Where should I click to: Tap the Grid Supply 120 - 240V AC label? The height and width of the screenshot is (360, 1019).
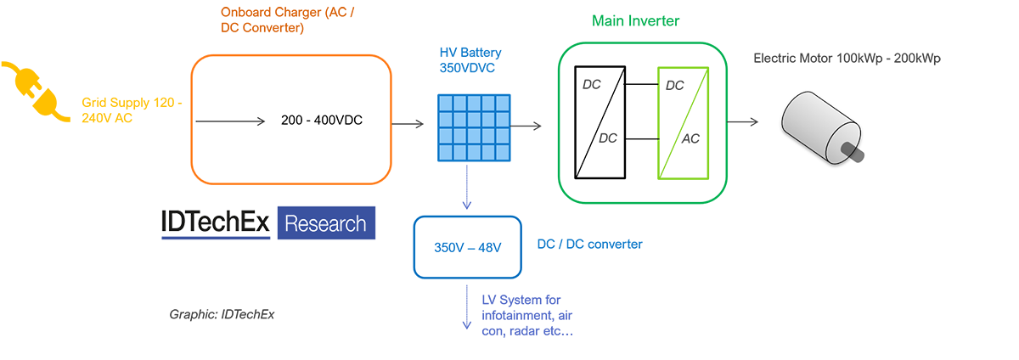coord(132,110)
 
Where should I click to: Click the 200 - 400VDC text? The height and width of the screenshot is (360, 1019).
coord(322,121)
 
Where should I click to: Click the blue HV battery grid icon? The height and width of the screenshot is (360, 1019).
coord(475,127)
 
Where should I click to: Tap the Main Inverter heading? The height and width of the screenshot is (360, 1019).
coord(636,20)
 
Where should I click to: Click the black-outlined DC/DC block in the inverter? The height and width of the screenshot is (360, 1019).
coord(600,122)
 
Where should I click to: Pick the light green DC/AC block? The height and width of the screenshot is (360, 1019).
coord(682,122)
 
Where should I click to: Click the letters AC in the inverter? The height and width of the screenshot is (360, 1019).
coord(691,138)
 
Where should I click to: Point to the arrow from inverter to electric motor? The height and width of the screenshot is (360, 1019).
coord(742,122)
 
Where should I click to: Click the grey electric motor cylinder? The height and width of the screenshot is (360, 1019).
coord(819,123)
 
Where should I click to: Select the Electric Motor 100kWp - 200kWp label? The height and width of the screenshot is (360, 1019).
coord(847,59)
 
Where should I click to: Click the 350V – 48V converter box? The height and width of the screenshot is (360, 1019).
coord(467,247)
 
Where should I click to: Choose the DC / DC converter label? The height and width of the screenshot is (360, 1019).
coord(590,245)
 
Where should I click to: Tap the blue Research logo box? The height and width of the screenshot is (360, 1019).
coord(326,223)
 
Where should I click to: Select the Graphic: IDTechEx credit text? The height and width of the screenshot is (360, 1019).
coord(222,315)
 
